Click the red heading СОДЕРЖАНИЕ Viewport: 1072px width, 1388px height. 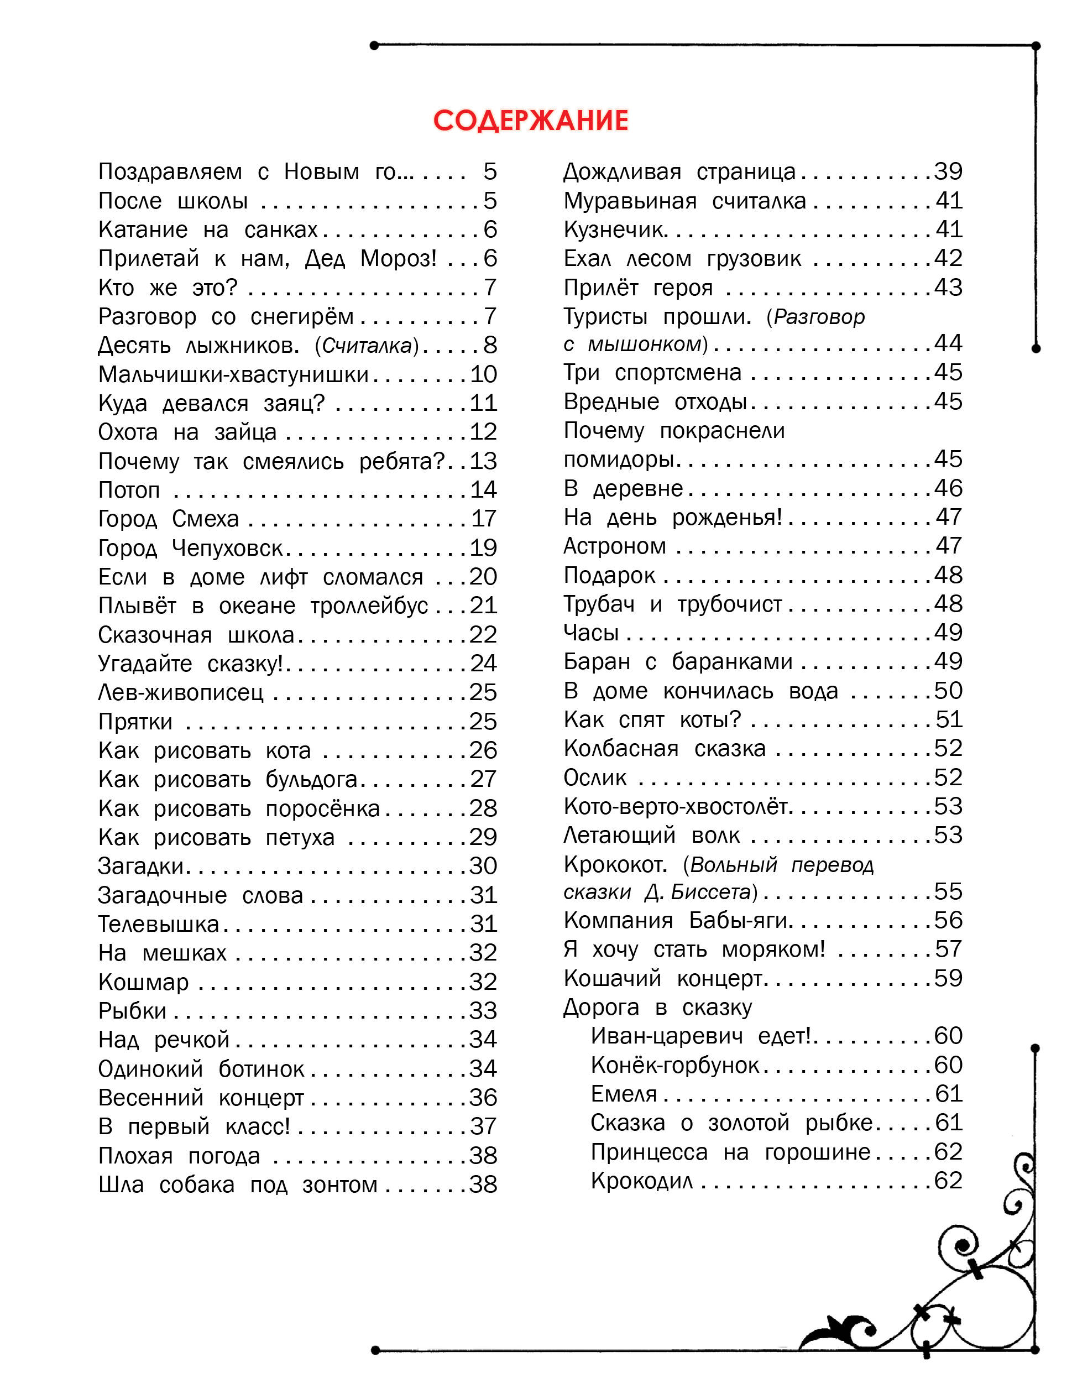pyautogui.click(x=531, y=121)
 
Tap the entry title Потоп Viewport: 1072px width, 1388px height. pyautogui.click(x=129, y=490)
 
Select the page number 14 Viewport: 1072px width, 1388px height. pyautogui.click(x=483, y=489)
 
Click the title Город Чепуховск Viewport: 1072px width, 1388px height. pyautogui.click(x=191, y=548)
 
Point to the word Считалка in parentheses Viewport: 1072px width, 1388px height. pyautogui.click(x=367, y=346)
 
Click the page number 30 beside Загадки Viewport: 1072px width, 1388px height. pyautogui.click(x=483, y=865)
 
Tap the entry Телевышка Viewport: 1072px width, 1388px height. pyautogui.click(x=159, y=923)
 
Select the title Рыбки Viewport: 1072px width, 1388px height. pyautogui.click(x=132, y=1010)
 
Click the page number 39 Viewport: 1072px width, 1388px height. pyautogui.click(x=948, y=171)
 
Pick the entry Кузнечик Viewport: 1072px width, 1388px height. pyautogui.click(x=614, y=229)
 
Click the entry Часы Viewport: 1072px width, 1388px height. pyautogui.click(x=591, y=633)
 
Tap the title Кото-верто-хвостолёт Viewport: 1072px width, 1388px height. pyautogui.click(x=676, y=806)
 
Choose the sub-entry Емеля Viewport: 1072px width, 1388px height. pyautogui.click(x=624, y=1094)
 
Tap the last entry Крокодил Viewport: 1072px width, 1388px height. pyautogui.click(x=642, y=1181)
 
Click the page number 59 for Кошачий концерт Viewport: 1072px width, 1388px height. pyautogui.click(x=948, y=978)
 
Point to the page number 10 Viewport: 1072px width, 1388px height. pyautogui.click(x=483, y=374)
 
